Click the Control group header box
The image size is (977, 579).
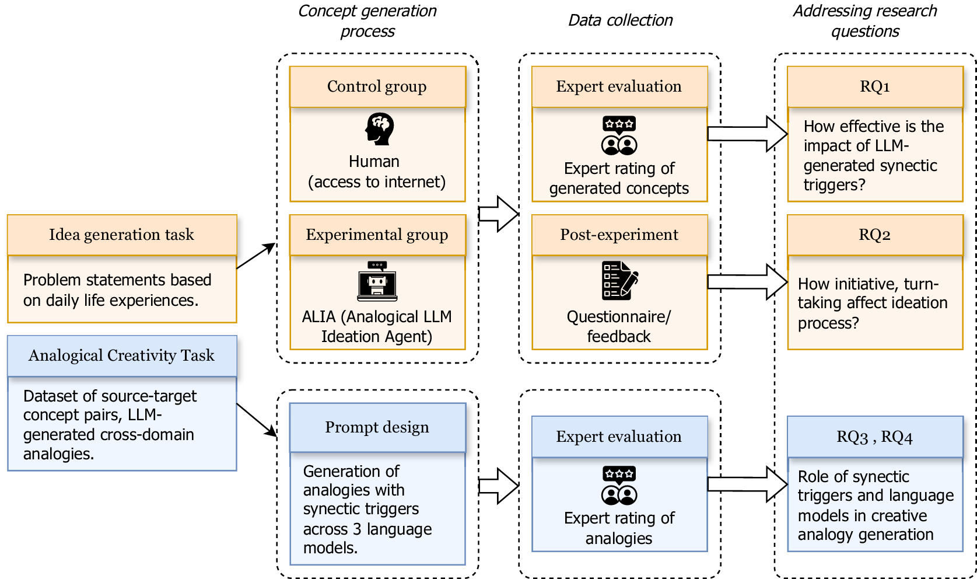[377, 86]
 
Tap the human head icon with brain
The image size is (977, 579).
[379, 129]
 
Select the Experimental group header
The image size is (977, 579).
[377, 235]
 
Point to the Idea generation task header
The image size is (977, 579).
[122, 235]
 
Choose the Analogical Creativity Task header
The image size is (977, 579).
[122, 355]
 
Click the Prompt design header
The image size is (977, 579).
[377, 427]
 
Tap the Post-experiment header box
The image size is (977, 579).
[619, 235]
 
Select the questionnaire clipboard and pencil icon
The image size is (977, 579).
[619, 281]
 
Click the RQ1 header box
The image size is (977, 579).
[875, 86]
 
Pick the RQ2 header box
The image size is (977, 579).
[875, 235]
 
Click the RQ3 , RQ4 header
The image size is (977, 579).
[875, 437]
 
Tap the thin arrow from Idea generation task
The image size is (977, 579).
[256, 256]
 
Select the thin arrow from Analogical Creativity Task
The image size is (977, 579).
[257, 420]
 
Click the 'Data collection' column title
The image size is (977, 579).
[620, 20]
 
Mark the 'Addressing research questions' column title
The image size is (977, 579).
[865, 20]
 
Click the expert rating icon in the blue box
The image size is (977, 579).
[619, 486]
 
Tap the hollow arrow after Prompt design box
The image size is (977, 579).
[499, 486]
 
